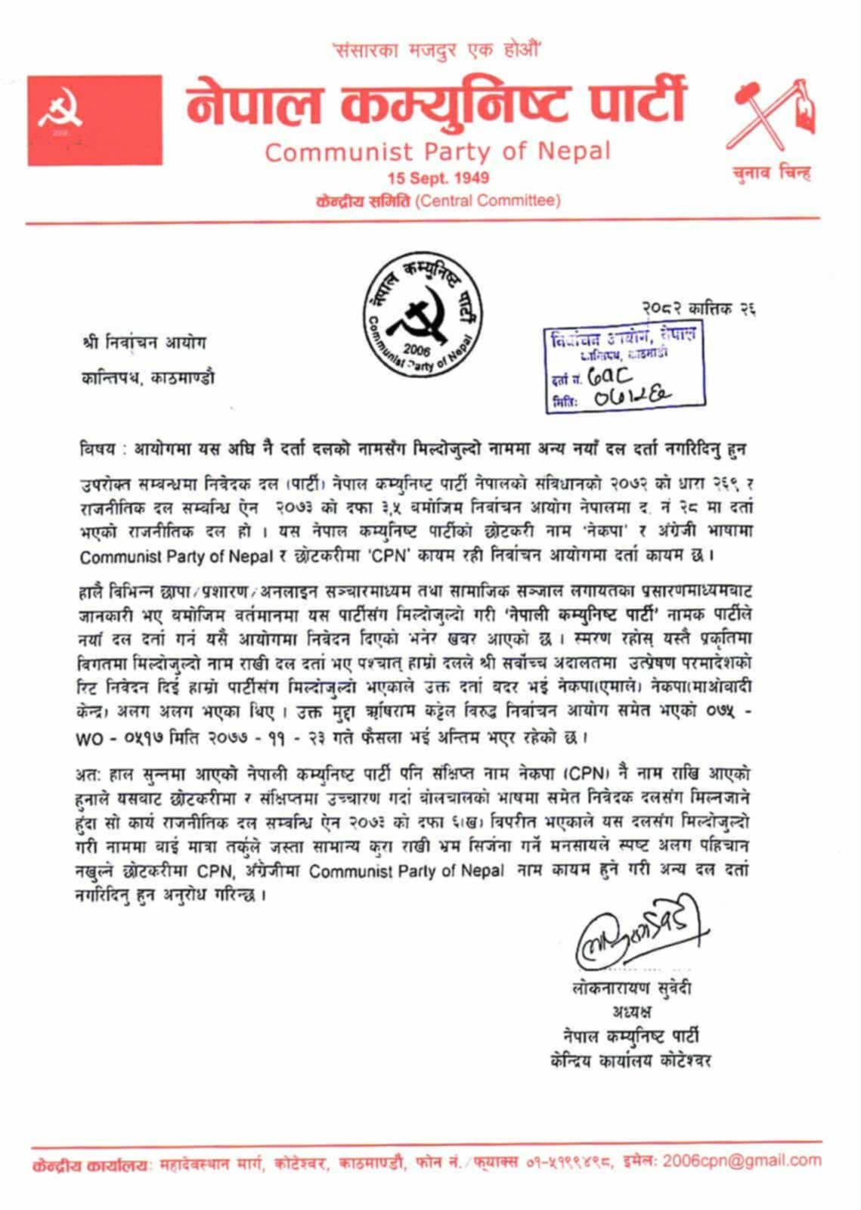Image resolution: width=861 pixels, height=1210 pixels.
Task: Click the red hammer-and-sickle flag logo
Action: (95, 119)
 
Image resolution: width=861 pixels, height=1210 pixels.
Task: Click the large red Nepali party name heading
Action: (437, 104)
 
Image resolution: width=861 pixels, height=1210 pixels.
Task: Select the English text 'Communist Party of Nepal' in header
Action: (437, 152)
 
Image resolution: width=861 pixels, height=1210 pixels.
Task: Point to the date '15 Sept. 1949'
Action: (438, 178)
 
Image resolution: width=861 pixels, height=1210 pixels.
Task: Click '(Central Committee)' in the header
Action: (488, 201)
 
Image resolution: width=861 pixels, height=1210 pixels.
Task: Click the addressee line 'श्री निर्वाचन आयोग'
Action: (144, 343)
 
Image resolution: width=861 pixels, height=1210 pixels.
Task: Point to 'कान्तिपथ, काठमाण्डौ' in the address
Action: (148, 377)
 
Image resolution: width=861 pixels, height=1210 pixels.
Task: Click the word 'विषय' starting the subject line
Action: (98, 448)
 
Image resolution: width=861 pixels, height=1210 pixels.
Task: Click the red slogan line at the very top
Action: (437, 51)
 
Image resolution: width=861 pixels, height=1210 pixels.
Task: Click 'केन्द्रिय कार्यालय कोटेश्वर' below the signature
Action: (631, 1060)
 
